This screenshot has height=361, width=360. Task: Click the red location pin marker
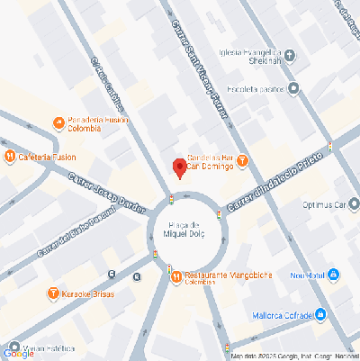click(x=179, y=168)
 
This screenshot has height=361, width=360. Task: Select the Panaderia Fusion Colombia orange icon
click(x=58, y=122)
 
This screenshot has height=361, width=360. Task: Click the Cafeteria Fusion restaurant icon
click(x=10, y=157)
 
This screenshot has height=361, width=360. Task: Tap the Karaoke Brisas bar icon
click(x=52, y=294)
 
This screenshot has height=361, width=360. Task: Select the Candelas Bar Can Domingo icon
click(x=243, y=160)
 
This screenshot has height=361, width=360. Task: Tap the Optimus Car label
click(x=325, y=203)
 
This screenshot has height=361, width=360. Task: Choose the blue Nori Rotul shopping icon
click(x=333, y=274)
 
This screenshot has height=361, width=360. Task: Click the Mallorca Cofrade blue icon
click(x=322, y=313)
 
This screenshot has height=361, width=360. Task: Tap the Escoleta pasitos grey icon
click(x=293, y=88)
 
